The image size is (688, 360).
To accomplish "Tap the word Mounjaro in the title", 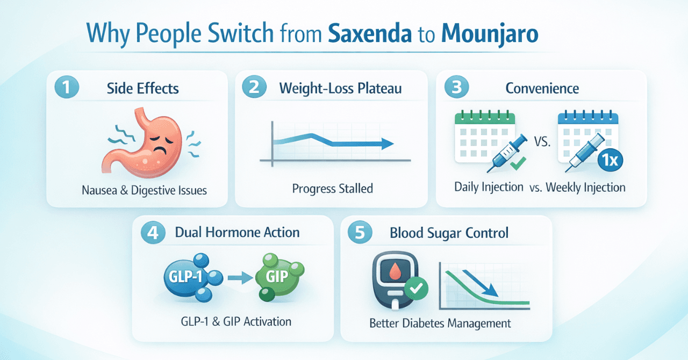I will (490, 33).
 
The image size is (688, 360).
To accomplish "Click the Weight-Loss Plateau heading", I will (340, 88).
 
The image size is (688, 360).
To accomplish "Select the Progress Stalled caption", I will (332, 189).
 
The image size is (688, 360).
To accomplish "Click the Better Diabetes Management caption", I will (440, 323).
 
